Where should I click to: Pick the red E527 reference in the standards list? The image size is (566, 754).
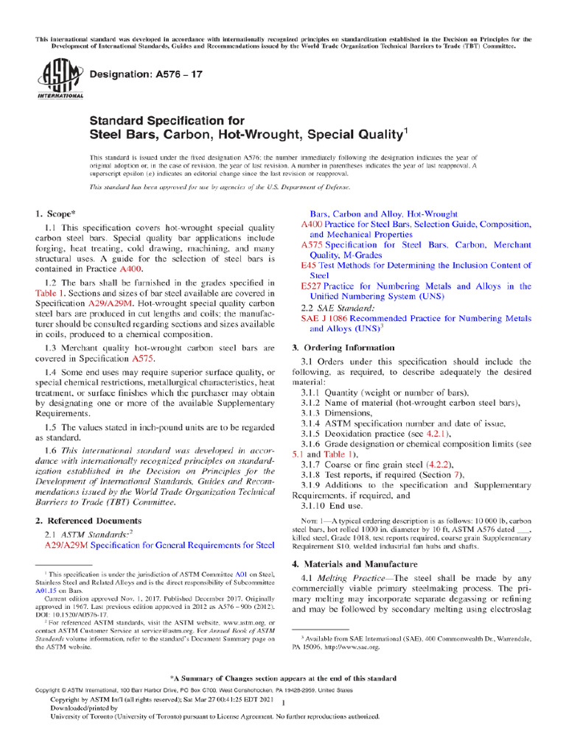(311, 286)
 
